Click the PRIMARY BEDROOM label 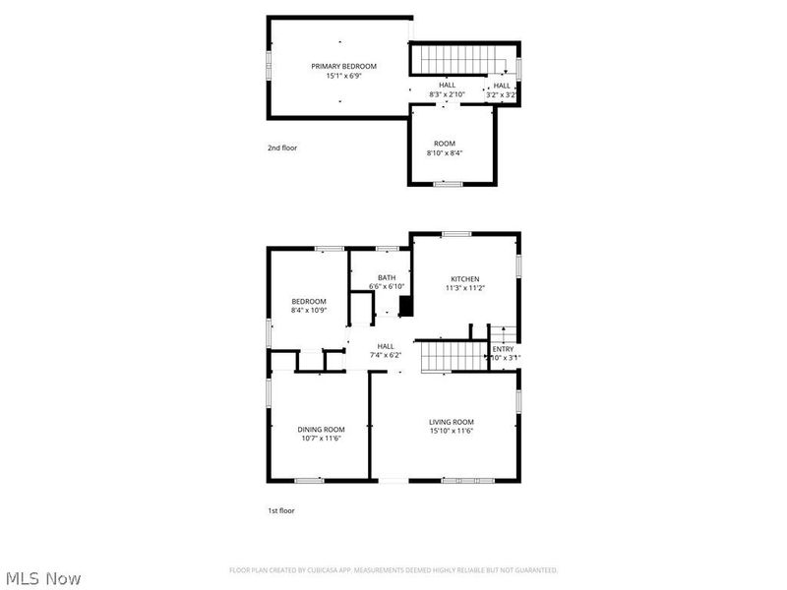point(343,66)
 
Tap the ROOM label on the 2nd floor point(444,144)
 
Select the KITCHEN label point(465,278)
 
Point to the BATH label point(386,277)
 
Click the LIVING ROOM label point(452,422)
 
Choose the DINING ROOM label point(322,429)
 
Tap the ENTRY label point(503,349)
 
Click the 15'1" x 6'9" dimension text point(343,76)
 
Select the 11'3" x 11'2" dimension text point(465,288)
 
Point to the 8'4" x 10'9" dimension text point(309,310)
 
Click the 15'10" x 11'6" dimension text point(452,431)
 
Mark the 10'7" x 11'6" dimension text point(322,439)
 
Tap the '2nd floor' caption point(281,148)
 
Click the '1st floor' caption point(281,510)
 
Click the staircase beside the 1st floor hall point(454,356)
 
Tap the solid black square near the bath point(404,305)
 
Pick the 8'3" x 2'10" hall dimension point(448,94)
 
